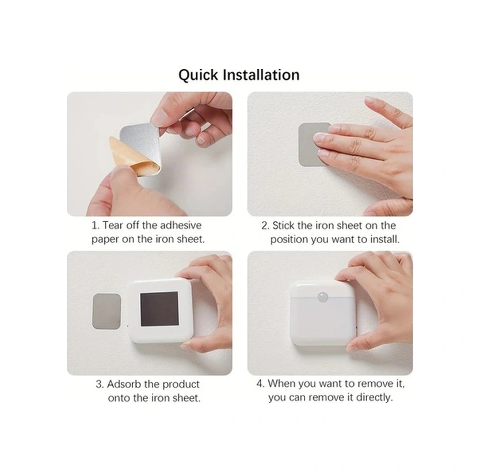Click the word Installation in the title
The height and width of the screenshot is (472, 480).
261,75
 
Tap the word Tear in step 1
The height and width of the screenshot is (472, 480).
113,225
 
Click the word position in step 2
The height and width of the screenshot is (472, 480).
289,239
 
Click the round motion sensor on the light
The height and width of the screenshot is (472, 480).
323,296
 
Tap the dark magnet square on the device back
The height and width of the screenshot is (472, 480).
159,309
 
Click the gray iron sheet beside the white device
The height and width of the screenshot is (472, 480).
106,311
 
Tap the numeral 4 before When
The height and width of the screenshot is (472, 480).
260,383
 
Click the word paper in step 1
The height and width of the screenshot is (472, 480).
105,239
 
